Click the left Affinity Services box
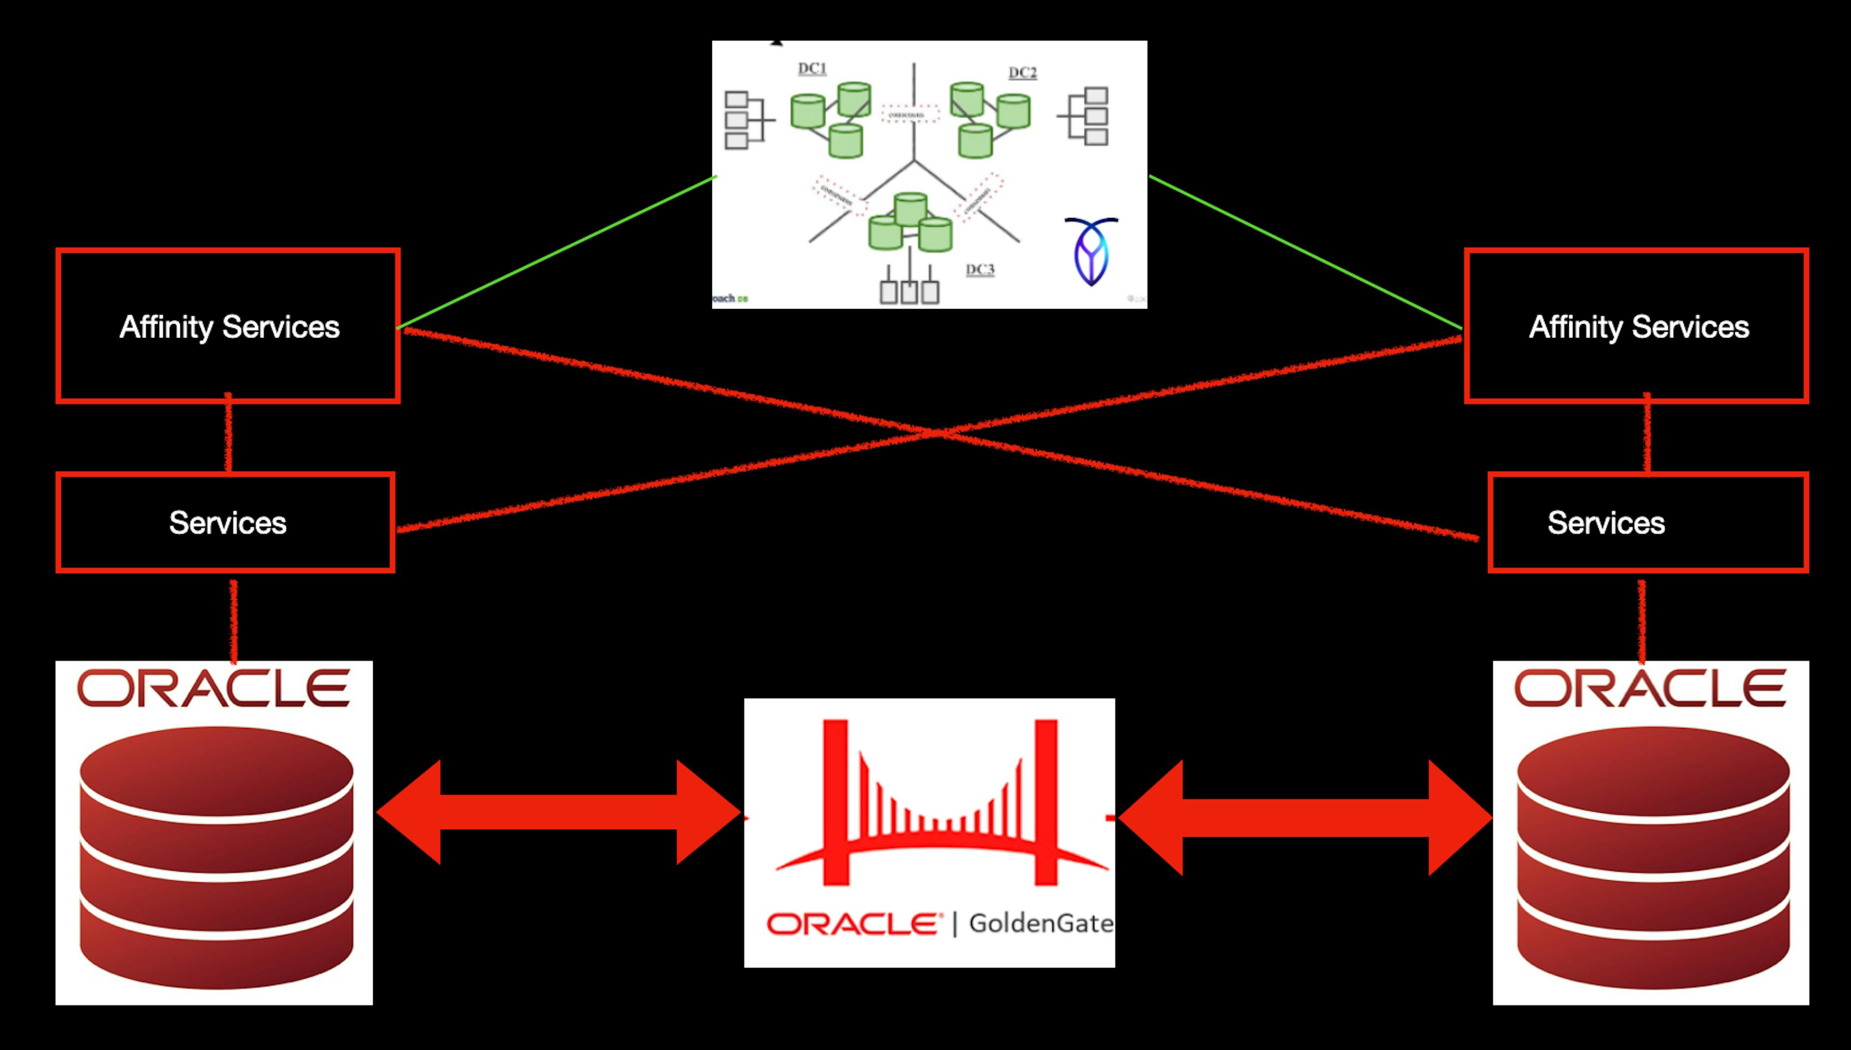click(228, 326)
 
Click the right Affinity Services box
click(1637, 326)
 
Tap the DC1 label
click(812, 68)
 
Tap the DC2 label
click(1022, 73)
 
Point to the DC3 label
click(980, 269)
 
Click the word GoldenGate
click(1041, 923)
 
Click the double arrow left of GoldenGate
click(559, 812)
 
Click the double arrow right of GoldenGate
click(1305, 817)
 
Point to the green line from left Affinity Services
click(555, 253)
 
